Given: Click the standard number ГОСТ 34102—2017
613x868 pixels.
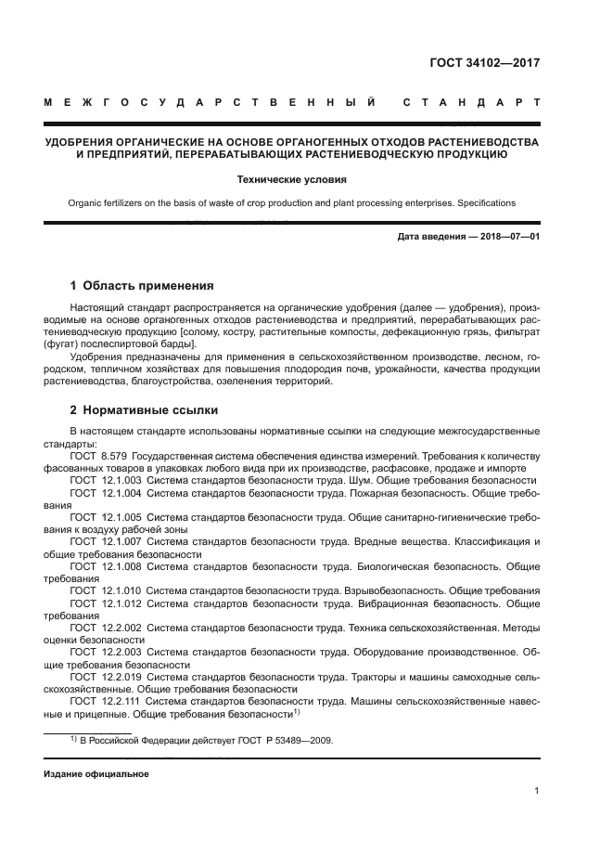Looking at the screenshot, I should (x=485, y=64).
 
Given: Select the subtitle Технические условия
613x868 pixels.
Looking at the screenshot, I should (x=305, y=180).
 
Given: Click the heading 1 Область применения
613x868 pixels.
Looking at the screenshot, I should (x=142, y=286).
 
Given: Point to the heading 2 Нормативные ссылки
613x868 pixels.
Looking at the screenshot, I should (x=145, y=409).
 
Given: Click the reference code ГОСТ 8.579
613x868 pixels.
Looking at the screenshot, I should (x=98, y=456).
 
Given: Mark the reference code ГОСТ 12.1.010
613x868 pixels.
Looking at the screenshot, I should (x=105, y=590).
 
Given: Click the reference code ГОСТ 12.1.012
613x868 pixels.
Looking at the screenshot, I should (x=105, y=602).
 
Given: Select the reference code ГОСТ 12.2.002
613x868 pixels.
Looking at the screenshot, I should (x=105, y=628).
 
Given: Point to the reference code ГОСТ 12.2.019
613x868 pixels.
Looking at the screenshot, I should (x=105, y=677).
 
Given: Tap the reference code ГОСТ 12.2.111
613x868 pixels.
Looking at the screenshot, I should (x=105, y=701).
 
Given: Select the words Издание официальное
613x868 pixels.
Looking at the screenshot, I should (x=96, y=773).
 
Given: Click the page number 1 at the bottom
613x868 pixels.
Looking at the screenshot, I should (x=537, y=791).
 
